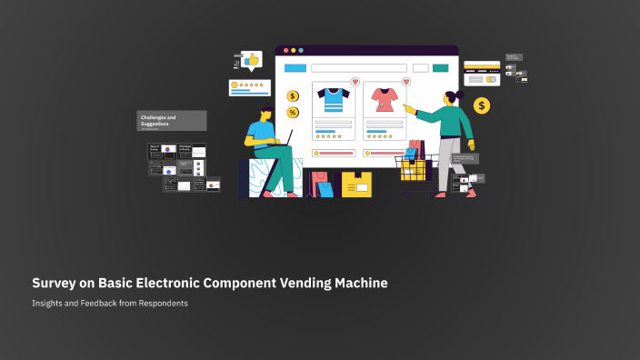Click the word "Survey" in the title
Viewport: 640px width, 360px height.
pyautogui.click(x=55, y=284)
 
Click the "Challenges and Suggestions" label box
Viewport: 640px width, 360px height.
pyautogui.click(x=172, y=121)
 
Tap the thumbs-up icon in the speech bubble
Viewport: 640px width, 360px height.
pyautogui.click(x=251, y=61)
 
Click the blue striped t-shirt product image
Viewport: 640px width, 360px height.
pyautogui.click(x=333, y=99)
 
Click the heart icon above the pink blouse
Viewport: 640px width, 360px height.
pyautogui.click(x=405, y=82)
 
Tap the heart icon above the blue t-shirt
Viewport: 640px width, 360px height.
pyautogui.click(x=355, y=82)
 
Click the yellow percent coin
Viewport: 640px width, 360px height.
pyautogui.click(x=293, y=113)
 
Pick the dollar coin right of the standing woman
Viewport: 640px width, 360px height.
pyautogui.click(x=482, y=106)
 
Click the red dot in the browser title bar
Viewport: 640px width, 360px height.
pyautogui.click(x=285, y=50)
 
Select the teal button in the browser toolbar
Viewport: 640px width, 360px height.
pyautogui.click(x=440, y=68)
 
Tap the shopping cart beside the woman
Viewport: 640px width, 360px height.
pyautogui.click(x=415, y=170)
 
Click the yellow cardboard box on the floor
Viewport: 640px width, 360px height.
pyautogui.click(x=356, y=185)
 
